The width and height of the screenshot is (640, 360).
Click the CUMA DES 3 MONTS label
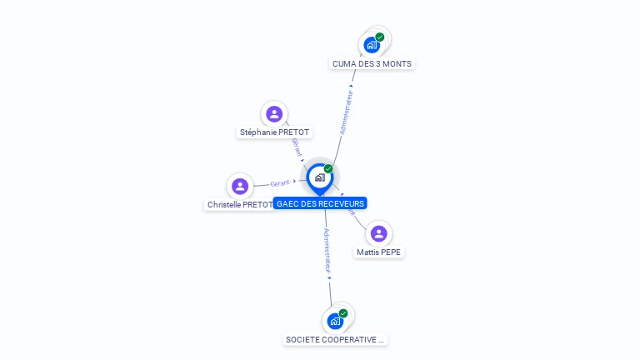[x=372, y=64]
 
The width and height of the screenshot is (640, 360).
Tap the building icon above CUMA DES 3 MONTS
[x=372, y=45]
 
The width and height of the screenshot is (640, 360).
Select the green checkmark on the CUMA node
[x=380, y=37]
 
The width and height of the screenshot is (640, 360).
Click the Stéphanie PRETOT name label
[x=274, y=132]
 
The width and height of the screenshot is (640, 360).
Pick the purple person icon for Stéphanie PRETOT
[x=274, y=114]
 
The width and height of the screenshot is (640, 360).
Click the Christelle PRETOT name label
[x=240, y=205]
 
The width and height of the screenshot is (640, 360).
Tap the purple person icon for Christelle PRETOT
[x=240, y=186]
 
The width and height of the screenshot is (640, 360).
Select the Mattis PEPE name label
[x=379, y=252]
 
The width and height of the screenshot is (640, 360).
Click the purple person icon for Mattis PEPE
[x=379, y=233]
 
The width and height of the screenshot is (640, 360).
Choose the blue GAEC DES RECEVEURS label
[x=321, y=203]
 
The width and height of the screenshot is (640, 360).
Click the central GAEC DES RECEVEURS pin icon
[x=319, y=177]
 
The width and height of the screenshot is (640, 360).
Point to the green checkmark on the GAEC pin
[x=328, y=169]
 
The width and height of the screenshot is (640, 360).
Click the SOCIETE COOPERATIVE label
[x=335, y=340]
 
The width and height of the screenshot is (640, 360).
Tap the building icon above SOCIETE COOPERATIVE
[x=335, y=321]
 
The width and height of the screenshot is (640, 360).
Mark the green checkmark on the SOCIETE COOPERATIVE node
[x=343, y=313]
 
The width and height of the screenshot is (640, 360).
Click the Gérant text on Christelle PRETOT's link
[x=280, y=182]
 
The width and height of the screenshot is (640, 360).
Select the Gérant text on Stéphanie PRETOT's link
[x=296, y=147]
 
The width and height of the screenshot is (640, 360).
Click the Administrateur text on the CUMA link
[x=347, y=112]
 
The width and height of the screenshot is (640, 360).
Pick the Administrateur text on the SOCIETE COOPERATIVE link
[x=327, y=251]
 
